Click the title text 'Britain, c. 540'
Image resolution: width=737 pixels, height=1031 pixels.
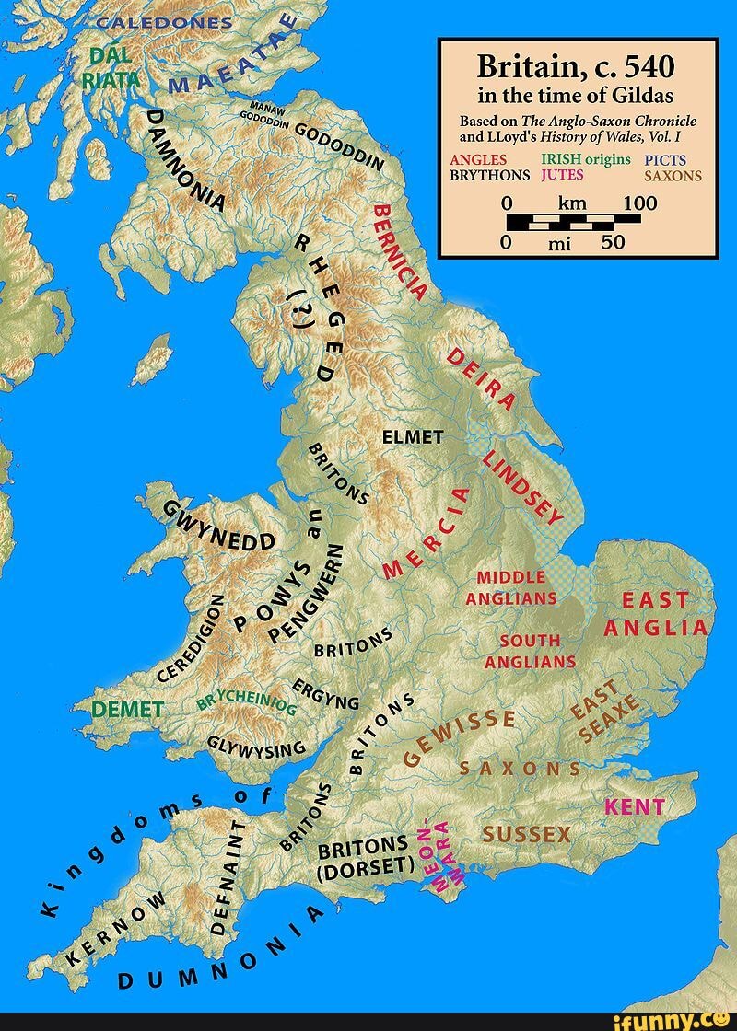[x=577, y=66]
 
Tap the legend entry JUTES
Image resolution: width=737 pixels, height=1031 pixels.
[x=561, y=174]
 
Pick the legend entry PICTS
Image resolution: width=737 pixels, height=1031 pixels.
[x=671, y=160]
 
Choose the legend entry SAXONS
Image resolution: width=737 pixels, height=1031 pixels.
[x=673, y=176]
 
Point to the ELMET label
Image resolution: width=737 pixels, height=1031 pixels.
[x=413, y=437]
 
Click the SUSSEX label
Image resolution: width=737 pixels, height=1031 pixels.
[x=527, y=835]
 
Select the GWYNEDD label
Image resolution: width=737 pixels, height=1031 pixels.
[x=219, y=527]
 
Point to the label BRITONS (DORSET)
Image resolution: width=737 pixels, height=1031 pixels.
[x=361, y=857]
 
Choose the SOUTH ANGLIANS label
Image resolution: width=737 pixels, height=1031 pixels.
[x=530, y=650]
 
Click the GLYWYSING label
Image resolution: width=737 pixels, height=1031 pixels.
[x=255, y=744]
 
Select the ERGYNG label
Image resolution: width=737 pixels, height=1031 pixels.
[x=327, y=697]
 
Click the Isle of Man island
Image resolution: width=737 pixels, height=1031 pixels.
[x=153, y=360]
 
